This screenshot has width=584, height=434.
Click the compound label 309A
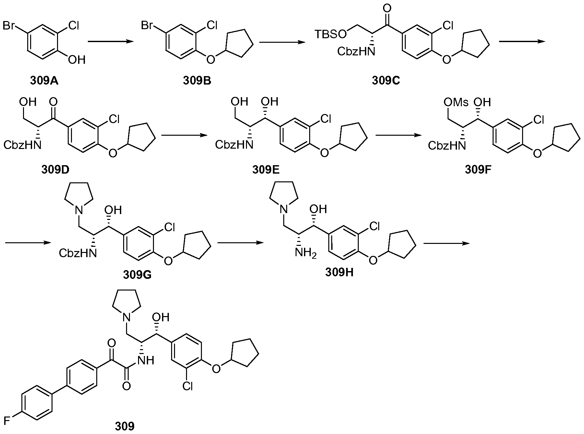[44, 80]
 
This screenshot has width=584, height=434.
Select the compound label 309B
[197, 80]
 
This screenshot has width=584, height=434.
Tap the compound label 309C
[386, 80]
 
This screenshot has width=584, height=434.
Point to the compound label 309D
[55, 169]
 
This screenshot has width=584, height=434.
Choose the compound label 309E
[266, 169]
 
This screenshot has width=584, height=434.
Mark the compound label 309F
[478, 169]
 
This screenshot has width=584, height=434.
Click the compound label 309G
[138, 275]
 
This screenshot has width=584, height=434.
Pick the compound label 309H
[339, 272]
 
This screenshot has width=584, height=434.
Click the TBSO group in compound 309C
[331, 34]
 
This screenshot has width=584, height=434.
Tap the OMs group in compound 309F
[456, 103]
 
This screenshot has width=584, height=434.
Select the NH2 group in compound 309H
[305, 252]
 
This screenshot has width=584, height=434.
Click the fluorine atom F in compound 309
[6, 420]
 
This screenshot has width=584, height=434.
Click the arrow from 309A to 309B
[111, 41]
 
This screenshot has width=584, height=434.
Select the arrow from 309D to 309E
[184, 135]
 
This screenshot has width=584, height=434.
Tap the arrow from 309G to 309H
[240, 243]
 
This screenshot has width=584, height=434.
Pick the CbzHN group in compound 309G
[78, 253]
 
